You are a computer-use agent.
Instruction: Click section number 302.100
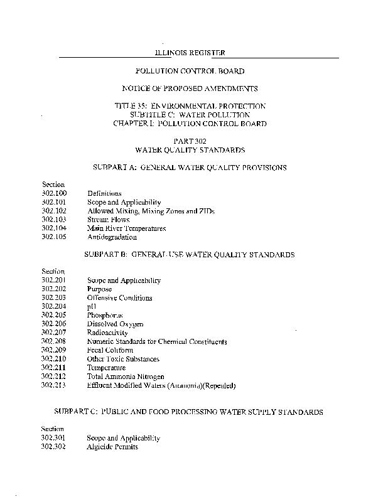tap(54, 193)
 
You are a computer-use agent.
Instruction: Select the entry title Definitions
tap(104, 194)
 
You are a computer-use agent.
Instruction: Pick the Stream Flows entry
tap(109, 220)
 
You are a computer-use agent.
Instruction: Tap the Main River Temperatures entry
tap(126, 229)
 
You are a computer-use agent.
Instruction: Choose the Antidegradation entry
tap(112, 238)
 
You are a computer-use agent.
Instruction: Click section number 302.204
tap(54, 307)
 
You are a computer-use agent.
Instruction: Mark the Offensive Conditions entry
tap(119, 298)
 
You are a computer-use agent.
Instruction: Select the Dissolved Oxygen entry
tap(115, 324)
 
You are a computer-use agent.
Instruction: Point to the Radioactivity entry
tap(107, 333)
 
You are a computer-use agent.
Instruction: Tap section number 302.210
tap(54, 360)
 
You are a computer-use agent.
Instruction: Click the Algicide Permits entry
tap(112, 447)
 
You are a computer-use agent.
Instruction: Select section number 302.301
tap(54, 438)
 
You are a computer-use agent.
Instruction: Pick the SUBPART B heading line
tap(189, 256)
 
